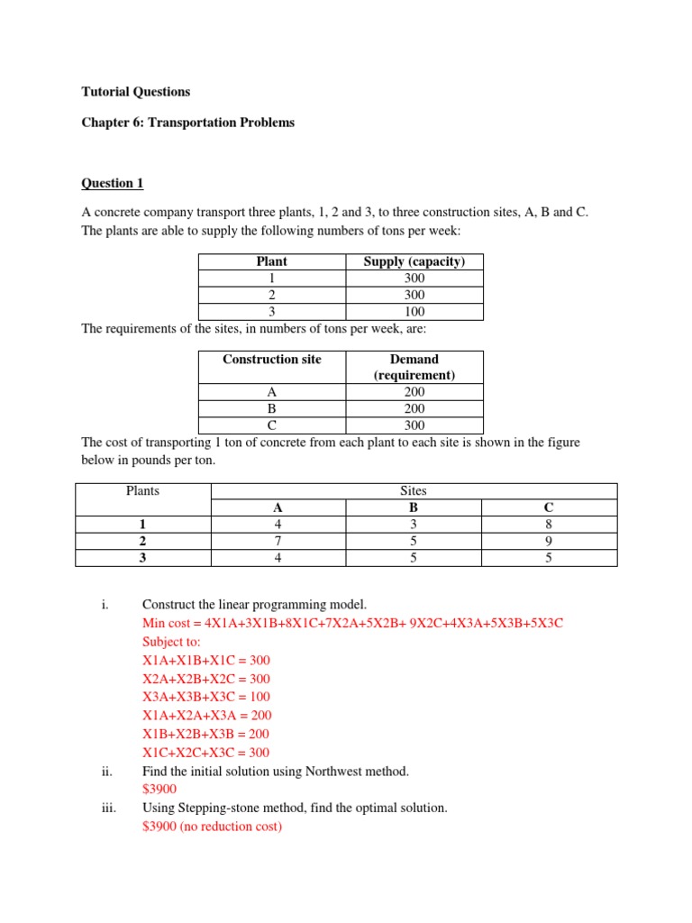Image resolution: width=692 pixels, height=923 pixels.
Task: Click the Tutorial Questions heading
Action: point(136,91)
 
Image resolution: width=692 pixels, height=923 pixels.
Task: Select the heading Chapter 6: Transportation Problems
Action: point(187,123)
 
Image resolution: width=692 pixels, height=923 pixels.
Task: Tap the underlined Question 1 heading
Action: point(113,183)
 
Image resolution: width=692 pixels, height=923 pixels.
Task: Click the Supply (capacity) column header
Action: point(414,261)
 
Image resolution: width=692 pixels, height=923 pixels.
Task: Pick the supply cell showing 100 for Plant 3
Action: point(414,312)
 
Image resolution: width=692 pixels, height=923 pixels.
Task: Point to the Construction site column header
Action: point(272,359)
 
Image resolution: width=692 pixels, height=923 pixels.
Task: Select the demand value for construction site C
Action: point(414,425)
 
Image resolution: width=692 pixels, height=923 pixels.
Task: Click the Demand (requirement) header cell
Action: point(414,367)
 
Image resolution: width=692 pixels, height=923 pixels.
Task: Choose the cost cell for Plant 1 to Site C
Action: point(549,524)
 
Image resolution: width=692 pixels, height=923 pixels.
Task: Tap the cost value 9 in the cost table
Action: point(549,541)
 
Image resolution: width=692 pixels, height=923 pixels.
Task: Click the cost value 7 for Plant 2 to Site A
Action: point(278,541)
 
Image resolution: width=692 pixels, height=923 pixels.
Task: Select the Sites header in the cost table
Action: point(414,491)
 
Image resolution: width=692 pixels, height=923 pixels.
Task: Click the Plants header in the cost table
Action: point(143,491)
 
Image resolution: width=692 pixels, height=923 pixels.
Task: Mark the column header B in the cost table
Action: point(414,507)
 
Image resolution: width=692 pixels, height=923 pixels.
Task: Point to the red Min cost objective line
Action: point(352,624)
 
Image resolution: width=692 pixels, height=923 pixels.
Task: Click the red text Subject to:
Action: point(174,642)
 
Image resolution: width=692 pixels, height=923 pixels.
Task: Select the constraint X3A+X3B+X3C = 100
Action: point(205,697)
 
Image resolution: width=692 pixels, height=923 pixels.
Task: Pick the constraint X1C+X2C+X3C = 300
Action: point(205,753)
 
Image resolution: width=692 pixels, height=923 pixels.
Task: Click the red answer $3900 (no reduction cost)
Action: point(212,827)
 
